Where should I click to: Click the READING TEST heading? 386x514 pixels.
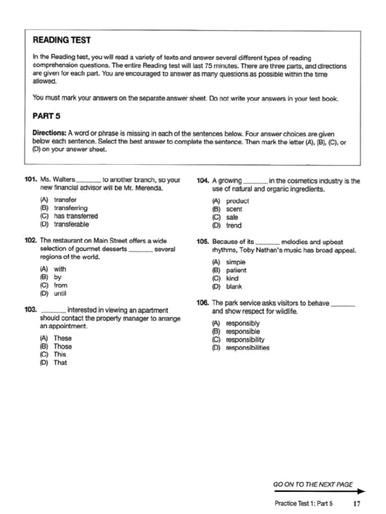pyautogui.click(x=61, y=40)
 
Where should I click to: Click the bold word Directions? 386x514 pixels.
pyautogui.click(x=49, y=133)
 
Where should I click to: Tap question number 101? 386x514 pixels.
pyautogui.click(x=31, y=179)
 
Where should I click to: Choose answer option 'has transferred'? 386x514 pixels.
pyautogui.click(x=75, y=216)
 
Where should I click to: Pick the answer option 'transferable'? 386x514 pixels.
pyautogui.click(x=71, y=224)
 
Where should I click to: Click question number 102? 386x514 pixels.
pyautogui.click(x=31, y=240)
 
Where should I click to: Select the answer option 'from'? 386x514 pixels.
pyautogui.click(x=60, y=285)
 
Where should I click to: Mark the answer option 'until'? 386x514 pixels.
pyautogui.click(x=60, y=294)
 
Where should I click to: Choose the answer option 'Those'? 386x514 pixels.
pyautogui.click(x=63, y=346)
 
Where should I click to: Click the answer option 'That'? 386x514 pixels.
pyautogui.click(x=60, y=362)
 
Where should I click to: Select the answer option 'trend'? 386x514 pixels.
pyautogui.click(x=234, y=225)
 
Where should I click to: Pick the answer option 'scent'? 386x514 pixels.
pyautogui.click(x=234, y=209)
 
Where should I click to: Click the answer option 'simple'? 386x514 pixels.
pyautogui.click(x=236, y=262)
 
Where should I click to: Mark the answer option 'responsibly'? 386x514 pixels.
pyautogui.click(x=243, y=323)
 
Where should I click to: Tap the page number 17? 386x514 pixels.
pyautogui.click(x=357, y=503)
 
